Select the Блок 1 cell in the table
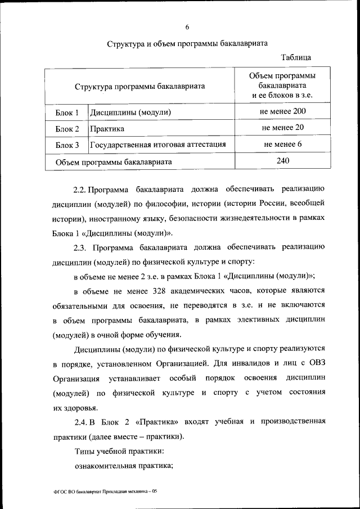pyautogui.click(x=66, y=112)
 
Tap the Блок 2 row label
pyautogui.click(x=66, y=129)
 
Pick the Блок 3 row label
pyautogui.click(x=66, y=145)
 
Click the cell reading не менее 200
pyautogui.click(x=282, y=111)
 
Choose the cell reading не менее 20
pyautogui.click(x=282, y=128)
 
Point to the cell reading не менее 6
pyautogui.click(x=282, y=145)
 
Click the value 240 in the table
pyautogui.click(x=282, y=161)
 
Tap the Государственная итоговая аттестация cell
pyautogui.click(x=158, y=145)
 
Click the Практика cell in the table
pyautogui.click(x=107, y=129)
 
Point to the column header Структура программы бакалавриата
pyautogui.click(x=139, y=86)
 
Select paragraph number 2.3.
pyautogui.click(x=80, y=247)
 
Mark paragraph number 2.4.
pyautogui.click(x=80, y=421)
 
